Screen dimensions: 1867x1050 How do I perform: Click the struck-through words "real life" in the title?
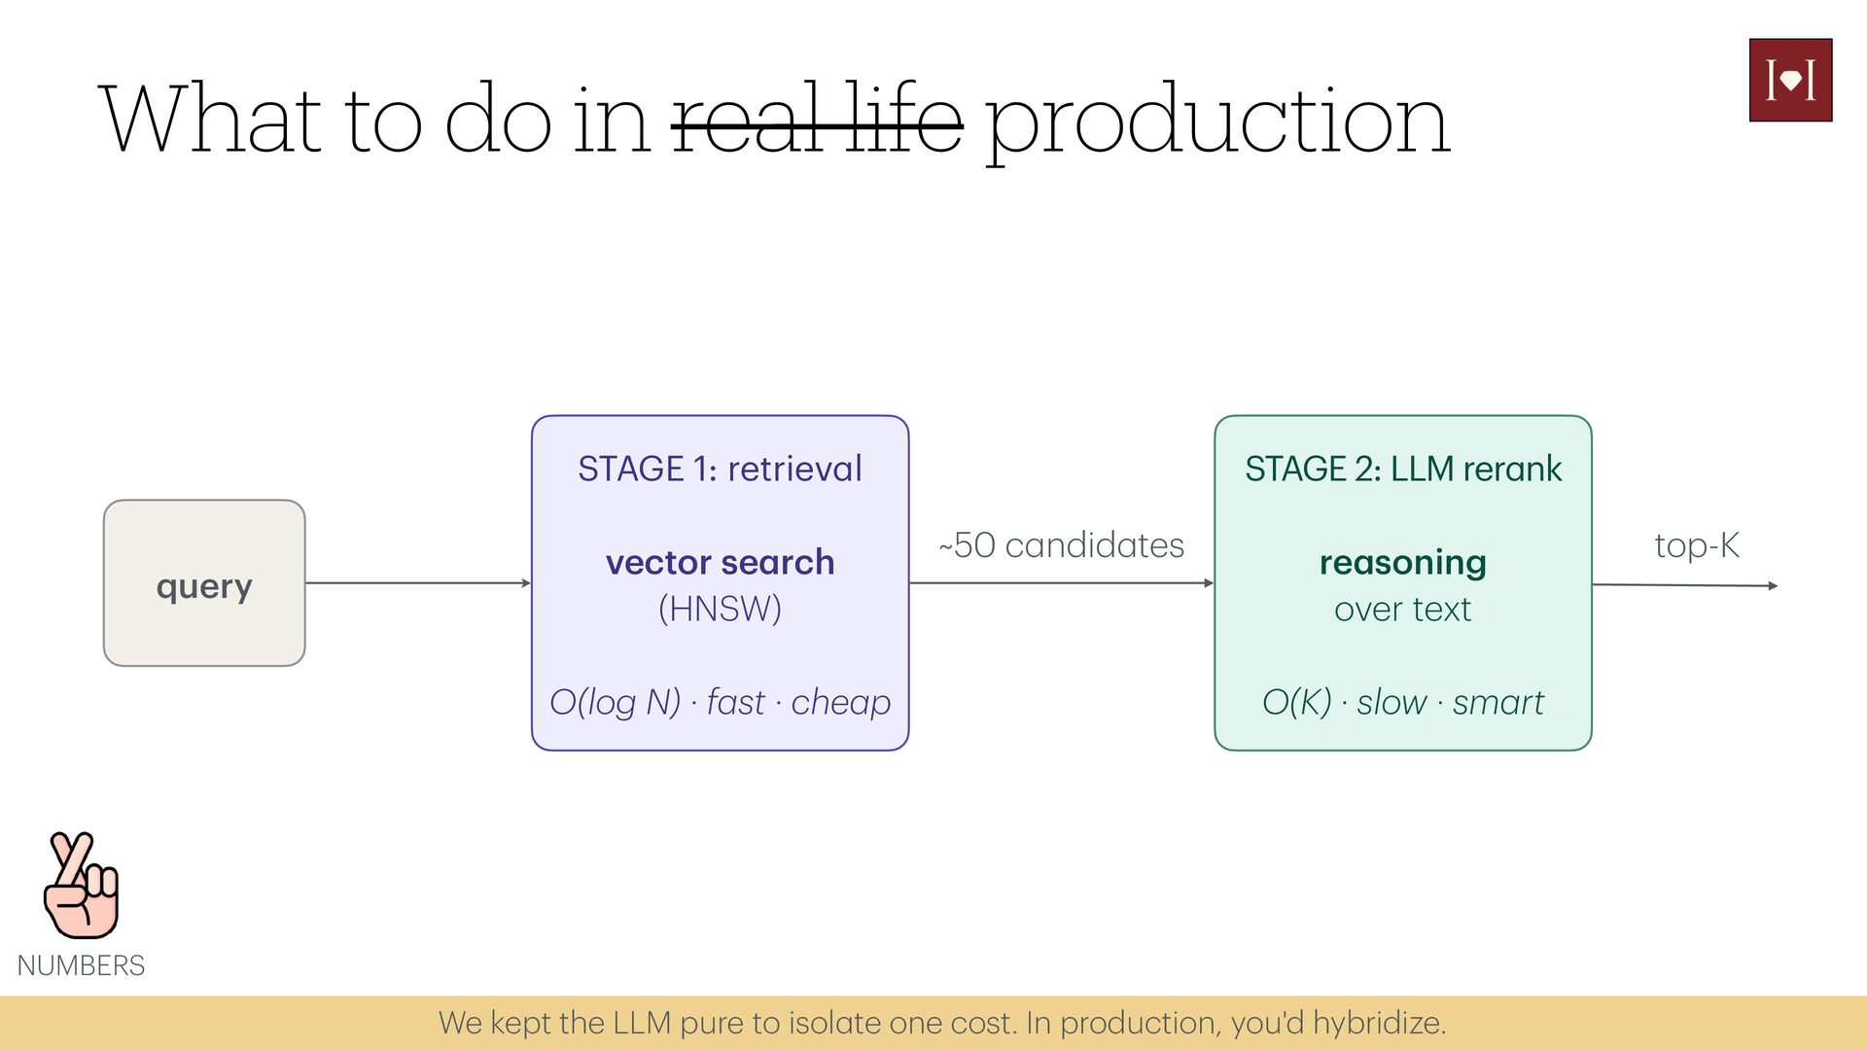[818, 119]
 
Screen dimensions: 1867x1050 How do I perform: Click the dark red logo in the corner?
[1790, 80]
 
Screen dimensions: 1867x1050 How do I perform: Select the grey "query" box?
[204, 583]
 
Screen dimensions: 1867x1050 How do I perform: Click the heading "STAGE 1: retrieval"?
[720, 469]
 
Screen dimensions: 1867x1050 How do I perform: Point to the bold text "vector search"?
[720, 562]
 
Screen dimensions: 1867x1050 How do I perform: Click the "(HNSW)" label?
[720, 610]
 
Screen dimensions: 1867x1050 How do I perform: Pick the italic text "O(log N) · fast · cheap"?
[720, 702]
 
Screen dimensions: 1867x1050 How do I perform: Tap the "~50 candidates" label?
[1062, 545]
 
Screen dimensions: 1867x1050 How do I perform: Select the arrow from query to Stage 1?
[418, 583]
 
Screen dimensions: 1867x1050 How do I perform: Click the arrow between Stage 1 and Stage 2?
[1062, 583]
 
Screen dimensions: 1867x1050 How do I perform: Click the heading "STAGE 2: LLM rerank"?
[1403, 469]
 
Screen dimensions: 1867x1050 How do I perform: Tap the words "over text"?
[1402, 610]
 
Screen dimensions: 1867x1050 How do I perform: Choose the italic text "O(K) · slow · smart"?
[1402, 702]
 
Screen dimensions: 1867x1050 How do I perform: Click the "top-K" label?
[1697, 545]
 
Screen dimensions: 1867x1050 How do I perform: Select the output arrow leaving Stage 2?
[1685, 585]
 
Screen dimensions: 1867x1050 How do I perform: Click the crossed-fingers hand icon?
[82, 885]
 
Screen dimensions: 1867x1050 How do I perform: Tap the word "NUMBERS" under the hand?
[81, 965]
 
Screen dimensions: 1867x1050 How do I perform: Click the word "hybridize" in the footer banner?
[1378, 1024]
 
